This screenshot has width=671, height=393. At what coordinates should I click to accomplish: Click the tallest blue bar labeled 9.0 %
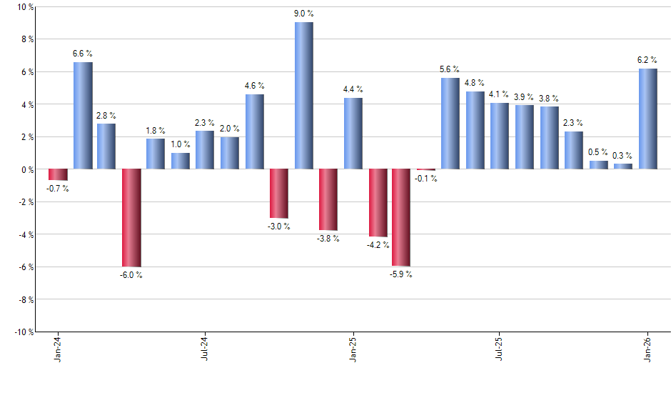pos(303,96)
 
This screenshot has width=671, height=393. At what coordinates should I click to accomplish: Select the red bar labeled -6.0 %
pos(131,218)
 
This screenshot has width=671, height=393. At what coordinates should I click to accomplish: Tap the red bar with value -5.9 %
pos(401,217)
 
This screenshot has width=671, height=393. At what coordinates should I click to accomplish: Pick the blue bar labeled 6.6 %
pos(83,116)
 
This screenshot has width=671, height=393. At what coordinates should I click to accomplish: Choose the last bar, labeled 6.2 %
pos(647,119)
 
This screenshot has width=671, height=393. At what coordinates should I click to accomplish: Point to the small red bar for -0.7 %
pos(58,174)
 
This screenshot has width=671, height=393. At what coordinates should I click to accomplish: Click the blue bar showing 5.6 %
pos(450,124)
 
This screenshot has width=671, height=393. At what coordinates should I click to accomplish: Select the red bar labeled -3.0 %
pos(278,194)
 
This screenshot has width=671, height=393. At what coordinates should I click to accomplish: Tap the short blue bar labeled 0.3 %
pos(622,166)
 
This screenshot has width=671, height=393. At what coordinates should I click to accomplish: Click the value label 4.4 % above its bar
pos(353,89)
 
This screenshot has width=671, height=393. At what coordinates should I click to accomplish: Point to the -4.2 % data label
pos(378,245)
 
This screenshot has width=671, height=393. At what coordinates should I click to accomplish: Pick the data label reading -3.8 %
pos(328,239)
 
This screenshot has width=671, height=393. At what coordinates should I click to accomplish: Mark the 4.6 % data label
pos(255,86)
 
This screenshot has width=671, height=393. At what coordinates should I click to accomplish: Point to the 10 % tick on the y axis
pos(25,7)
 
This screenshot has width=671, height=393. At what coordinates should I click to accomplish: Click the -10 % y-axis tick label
pos(24,332)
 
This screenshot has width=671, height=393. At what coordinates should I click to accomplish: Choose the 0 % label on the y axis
pos(27,169)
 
